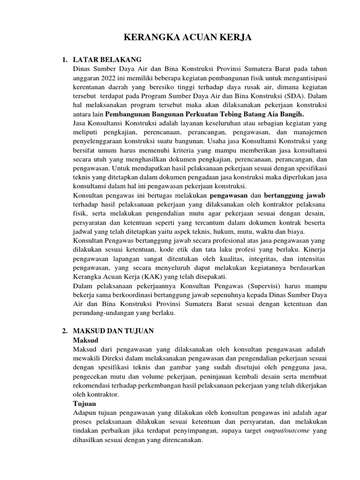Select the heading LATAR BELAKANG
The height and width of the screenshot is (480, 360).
pos(107,60)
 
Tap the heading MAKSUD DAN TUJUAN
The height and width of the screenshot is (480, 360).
pos(114,331)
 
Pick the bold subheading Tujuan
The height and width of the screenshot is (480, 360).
pos(84,403)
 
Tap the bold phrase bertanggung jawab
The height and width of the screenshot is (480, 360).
pos(295,195)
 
